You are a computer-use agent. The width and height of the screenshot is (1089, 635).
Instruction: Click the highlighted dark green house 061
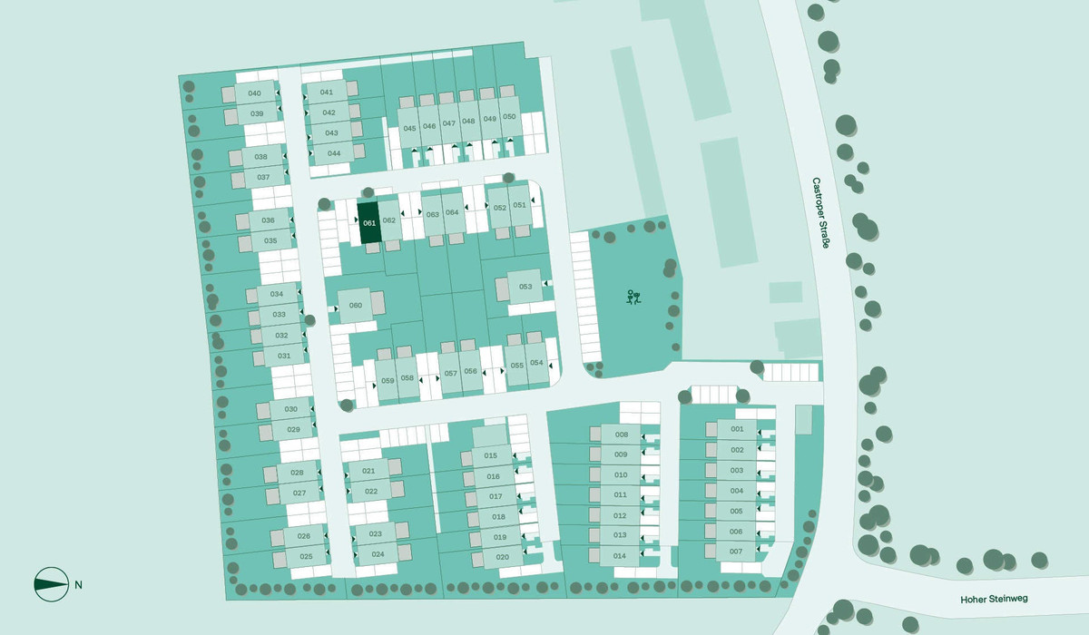tap(368, 223)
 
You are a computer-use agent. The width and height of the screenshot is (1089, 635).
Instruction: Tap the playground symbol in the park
tap(633, 297)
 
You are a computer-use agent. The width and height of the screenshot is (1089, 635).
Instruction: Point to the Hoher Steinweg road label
tap(994, 600)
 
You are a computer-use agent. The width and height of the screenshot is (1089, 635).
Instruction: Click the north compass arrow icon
tap(51, 584)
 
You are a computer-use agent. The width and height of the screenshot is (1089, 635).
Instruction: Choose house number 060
tap(356, 305)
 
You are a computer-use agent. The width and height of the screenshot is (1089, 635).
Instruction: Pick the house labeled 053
tap(525, 287)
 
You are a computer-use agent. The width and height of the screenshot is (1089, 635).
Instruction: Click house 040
tap(255, 93)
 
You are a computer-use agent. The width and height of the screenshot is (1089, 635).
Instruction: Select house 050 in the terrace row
tap(509, 117)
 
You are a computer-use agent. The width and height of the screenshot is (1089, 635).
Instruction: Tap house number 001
tap(737, 429)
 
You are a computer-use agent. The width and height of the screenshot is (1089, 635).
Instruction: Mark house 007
tap(736, 552)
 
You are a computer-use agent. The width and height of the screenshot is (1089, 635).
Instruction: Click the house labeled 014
tap(621, 555)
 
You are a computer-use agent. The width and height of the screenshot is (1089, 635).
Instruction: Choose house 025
tap(306, 556)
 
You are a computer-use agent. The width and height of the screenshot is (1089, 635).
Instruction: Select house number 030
tap(290, 409)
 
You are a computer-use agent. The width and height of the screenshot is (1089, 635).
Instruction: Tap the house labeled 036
tap(268, 220)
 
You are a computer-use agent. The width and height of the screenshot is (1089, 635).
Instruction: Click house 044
tap(334, 152)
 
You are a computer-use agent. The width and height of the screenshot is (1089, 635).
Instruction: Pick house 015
tap(491, 455)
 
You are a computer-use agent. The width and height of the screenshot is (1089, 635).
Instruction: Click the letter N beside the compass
tap(79, 584)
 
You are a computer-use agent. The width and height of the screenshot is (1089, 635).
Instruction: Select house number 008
tap(621, 435)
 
